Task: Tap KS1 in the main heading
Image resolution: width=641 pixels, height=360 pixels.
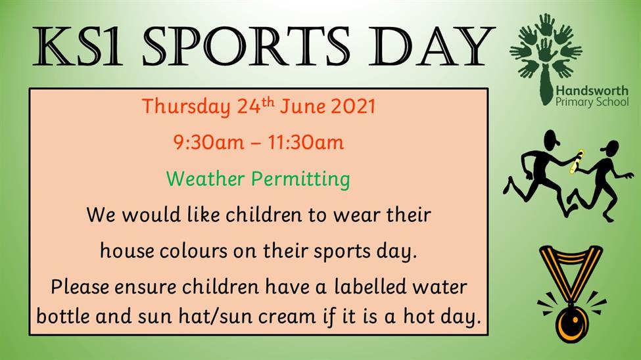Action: pos(78,46)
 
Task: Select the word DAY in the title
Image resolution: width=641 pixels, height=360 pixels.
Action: pos(431,46)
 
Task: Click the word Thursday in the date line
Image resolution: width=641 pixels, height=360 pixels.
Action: pos(186,107)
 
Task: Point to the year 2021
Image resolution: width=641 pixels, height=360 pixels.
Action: pos(352,106)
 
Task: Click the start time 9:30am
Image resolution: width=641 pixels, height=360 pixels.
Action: pos(208,143)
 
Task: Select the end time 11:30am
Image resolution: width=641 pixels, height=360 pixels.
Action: pos(306,143)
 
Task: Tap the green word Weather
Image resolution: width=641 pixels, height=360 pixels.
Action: pos(205,179)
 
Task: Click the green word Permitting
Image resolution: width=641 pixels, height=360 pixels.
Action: pos(300,179)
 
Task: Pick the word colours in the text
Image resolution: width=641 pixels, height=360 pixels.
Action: pos(193,250)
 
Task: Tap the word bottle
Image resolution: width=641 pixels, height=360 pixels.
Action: pos(63,316)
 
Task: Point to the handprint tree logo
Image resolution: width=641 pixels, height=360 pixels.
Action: pos(546,57)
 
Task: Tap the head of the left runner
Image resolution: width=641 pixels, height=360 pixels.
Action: pos(551,140)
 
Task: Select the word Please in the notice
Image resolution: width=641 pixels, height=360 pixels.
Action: pos(80,286)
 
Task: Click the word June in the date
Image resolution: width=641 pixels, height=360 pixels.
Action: pos(302,106)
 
